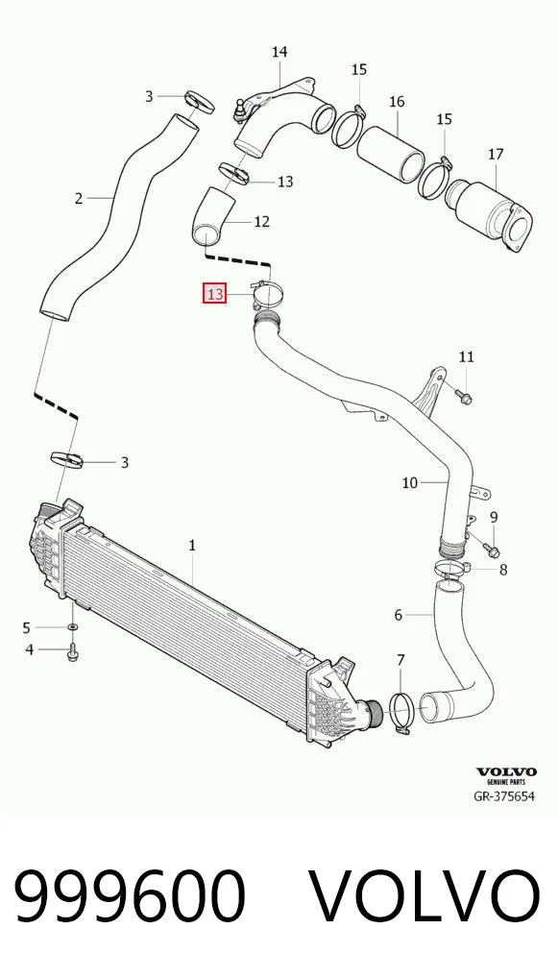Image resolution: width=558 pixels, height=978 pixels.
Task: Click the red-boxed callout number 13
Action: pos(214,293)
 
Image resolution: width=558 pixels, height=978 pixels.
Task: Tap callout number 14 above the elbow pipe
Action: pos(279,52)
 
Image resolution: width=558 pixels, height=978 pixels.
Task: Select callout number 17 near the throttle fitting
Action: pos(496,154)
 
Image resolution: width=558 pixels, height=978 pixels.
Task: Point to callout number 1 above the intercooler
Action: pos(192,545)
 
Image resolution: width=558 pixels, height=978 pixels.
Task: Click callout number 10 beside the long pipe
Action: pos(409,482)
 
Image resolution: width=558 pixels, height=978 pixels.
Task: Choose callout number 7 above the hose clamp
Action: pos(400,659)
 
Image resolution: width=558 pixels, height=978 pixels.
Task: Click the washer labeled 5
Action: pos(72,626)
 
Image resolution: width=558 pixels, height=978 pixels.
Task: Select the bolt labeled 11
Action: pos(465,396)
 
